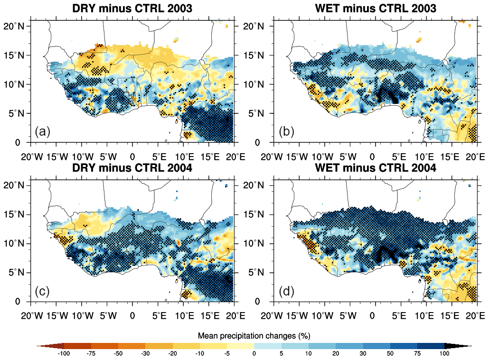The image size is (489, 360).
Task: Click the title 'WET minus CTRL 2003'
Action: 375,9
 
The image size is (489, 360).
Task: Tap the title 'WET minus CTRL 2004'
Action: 375,168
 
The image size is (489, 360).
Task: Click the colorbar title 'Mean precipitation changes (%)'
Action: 254,336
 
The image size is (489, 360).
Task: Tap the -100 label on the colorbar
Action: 64,353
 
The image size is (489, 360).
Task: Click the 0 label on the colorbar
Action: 254,353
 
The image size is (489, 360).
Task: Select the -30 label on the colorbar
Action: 145,353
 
